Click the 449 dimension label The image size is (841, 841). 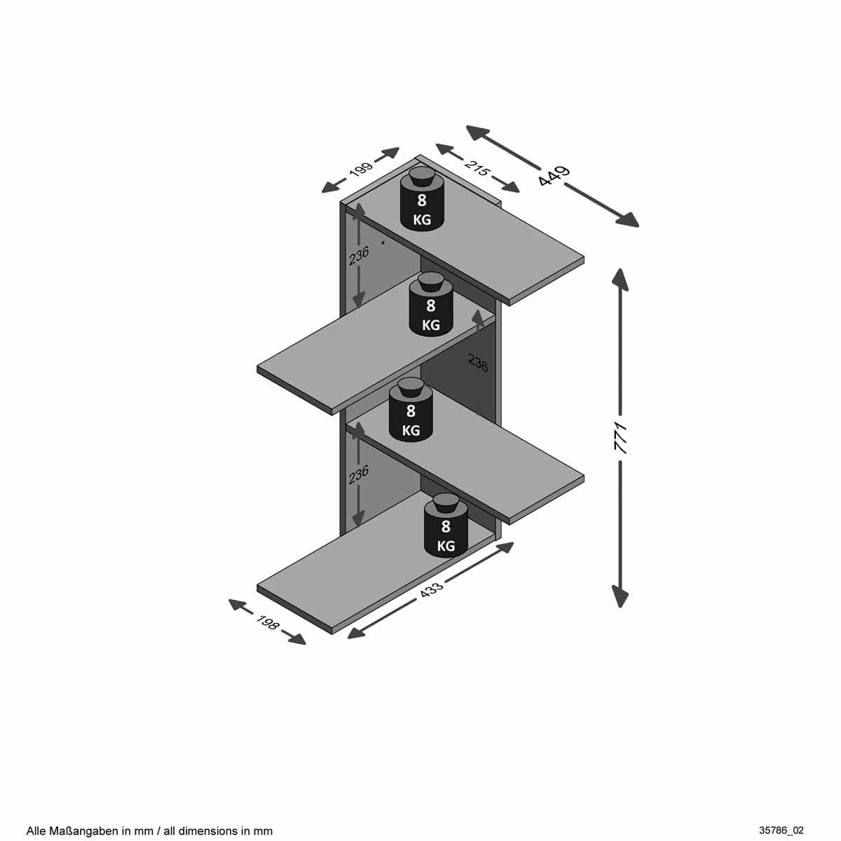[554, 176]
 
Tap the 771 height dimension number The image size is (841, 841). [620, 438]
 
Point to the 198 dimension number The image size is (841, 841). [267, 622]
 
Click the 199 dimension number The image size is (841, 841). [361, 169]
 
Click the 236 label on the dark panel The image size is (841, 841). [478, 362]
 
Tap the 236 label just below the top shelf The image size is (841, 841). [359, 256]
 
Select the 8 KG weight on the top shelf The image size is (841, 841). [422, 198]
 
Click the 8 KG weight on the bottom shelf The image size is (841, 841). [446, 526]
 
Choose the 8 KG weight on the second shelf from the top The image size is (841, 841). [431, 304]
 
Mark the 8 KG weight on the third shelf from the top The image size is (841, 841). [411, 410]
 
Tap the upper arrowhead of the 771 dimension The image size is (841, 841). [620, 280]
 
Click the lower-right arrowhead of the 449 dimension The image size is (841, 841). [627, 219]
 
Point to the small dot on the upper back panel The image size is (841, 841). [383, 242]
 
